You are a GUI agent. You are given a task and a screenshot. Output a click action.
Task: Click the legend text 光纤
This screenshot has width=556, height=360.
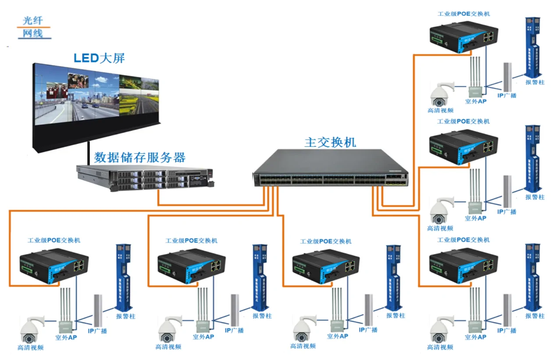tap(33, 20)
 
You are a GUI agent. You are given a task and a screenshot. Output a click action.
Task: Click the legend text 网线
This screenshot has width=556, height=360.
tap(33, 33)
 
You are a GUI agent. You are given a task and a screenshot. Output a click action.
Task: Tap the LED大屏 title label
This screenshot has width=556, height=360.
tap(99, 58)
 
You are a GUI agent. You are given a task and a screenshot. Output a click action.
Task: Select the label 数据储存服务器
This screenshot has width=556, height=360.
tap(139, 157)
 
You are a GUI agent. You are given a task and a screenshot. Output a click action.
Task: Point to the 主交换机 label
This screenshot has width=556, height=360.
tap(330, 143)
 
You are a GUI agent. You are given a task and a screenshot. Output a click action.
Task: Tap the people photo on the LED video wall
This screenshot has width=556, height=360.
tap(78, 81)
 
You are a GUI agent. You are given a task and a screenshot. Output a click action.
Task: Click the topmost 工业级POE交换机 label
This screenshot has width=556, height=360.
tap(464, 14)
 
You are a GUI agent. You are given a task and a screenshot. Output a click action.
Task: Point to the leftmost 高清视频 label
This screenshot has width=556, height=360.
tap(30, 348)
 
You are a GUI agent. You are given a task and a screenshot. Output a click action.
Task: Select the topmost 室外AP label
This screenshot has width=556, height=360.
tap(476, 100)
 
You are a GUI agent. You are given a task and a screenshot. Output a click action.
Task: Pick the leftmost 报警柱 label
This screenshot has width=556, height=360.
tap(125, 316)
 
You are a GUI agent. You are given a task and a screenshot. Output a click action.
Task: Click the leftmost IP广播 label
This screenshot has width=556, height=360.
tap(97, 331)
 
